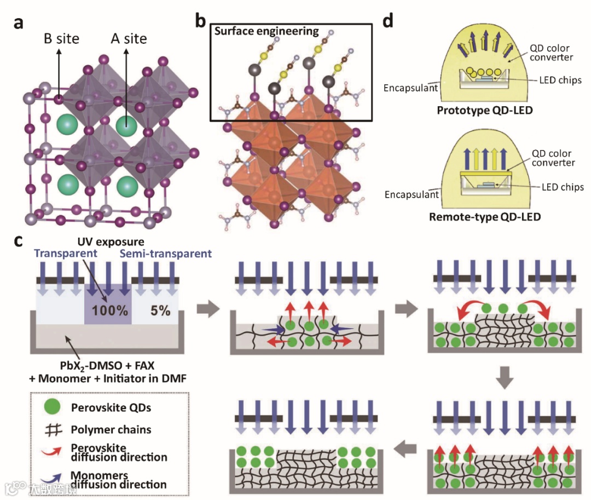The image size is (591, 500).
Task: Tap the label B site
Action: pos(61,39)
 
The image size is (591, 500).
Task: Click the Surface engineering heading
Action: pos(266,31)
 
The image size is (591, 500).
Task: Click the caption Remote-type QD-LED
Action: pos(485,217)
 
